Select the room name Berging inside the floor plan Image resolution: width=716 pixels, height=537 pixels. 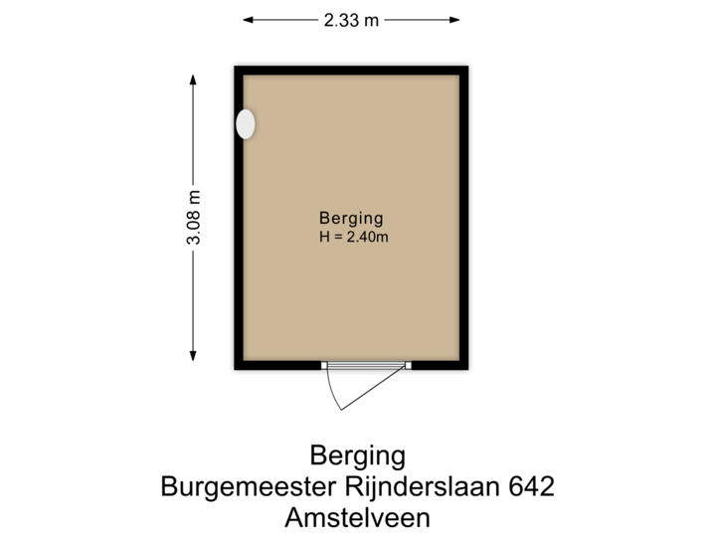pyautogui.click(x=351, y=218)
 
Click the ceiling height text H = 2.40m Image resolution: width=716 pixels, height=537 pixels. pyautogui.click(x=353, y=237)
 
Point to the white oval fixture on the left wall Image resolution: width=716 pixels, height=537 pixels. pyautogui.click(x=245, y=124)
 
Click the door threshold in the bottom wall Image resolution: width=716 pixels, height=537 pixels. pyautogui.click(x=366, y=366)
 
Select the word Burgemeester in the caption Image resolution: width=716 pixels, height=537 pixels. pyautogui.click(x=235, y=487)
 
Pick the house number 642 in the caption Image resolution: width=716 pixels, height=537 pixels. pyautogui.click(x=531, y=487)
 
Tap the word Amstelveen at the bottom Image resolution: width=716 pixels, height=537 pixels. pyautogui.click(x=357, y=517)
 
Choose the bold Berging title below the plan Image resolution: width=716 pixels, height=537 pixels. pyautogui.click(x=358, y=456)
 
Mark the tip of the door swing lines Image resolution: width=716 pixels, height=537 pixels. pyautogui.click(x=341, y=409)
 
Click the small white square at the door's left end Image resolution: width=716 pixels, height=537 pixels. pyautogui.click(x=324, y=366)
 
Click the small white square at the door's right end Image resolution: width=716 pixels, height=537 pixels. pyautogui.click(x=408, y=366)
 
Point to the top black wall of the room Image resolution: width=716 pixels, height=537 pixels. pyautogui.click(x=351, y=68)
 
